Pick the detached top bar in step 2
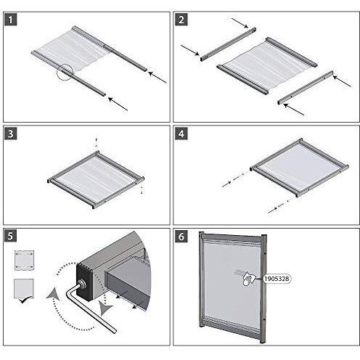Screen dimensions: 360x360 (x=228, y=44)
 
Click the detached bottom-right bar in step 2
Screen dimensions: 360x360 (x=306, y=87)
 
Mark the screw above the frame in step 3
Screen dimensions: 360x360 (x=97, y=143)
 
